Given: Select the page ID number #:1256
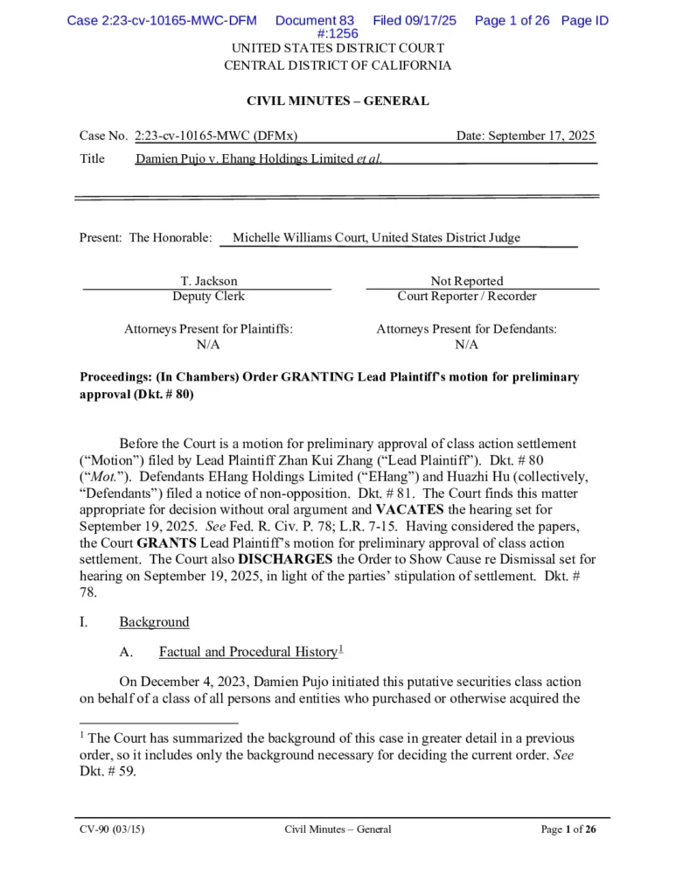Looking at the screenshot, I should click(338, 33).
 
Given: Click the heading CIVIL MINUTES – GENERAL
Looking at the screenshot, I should click(338, 101).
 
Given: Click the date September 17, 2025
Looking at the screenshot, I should click(526, 136).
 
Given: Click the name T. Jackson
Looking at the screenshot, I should click(208, 281).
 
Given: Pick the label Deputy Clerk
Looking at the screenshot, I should click(208, 296).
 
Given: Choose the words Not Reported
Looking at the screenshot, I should click(467, 281).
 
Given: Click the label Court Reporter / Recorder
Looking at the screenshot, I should click(467, 296).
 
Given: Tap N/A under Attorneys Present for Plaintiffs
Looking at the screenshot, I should click(208, 344).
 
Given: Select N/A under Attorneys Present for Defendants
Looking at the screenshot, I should click(467, 344).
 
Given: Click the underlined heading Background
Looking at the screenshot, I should click(154, 622).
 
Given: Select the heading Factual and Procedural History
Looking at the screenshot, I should click(247, 652).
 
